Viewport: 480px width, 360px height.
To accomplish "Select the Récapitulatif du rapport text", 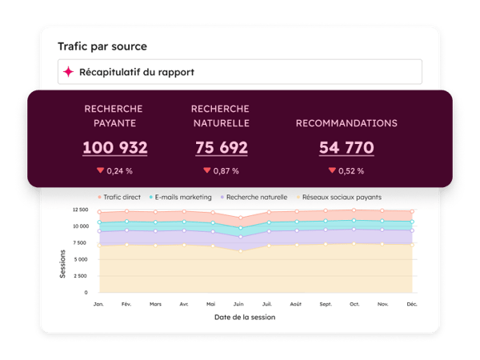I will [x=136, y=72].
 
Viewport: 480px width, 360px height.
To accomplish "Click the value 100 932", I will [x=114, y=148].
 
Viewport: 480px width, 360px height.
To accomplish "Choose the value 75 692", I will [x=221, y=148].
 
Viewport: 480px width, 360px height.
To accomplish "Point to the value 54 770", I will [x=346, y=148].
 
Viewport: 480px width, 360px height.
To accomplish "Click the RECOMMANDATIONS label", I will [x=346, y=123].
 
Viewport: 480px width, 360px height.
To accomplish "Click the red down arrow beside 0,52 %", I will [x=332, y=170].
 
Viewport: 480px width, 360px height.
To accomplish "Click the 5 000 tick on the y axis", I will [x=80, y=259].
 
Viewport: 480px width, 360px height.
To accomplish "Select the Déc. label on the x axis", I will [x=412, y=303].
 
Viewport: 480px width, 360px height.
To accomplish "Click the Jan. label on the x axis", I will [x=99, y=303].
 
